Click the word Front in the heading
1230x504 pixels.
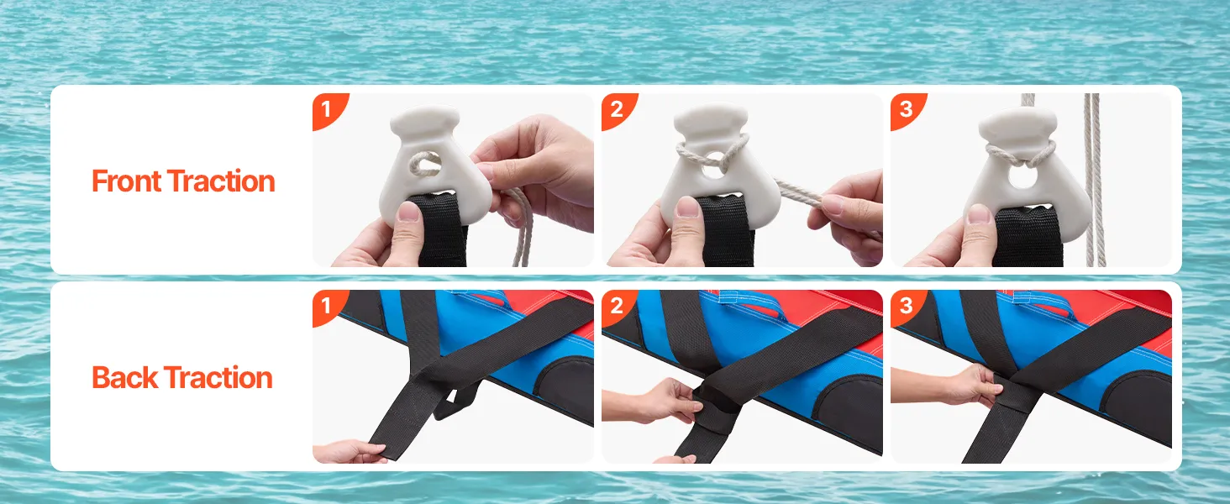tap(126, 181)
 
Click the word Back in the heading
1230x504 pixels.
tap(124, 378)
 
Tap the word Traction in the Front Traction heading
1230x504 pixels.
tap(221, 181)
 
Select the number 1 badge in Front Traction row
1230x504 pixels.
tap(328, 109)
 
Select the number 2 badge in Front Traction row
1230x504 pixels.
tap(617, 109)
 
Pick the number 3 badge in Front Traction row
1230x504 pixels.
tap(906, 109)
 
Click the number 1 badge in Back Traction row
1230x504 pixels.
tap(328, 306)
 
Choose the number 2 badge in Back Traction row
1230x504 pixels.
tap(617, 306)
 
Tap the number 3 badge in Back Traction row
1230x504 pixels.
tap(906, 306)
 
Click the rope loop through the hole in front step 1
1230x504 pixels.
tap(423, 165)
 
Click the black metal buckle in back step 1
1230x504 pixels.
tap(453, 402)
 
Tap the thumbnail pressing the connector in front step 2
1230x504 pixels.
tap(688, 207)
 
